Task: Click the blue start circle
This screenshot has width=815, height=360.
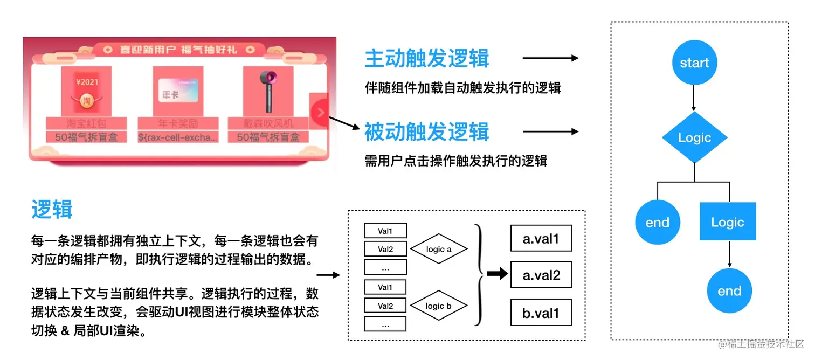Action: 694,63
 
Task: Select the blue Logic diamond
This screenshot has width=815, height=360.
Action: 694,138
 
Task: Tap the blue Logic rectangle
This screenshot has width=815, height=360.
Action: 728,221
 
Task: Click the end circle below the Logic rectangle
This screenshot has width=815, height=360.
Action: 729,291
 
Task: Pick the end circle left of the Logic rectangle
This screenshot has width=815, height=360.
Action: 657,222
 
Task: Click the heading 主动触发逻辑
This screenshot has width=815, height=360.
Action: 426,58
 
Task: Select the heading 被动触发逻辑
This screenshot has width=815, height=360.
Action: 426,131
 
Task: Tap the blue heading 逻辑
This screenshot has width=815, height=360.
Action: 52,209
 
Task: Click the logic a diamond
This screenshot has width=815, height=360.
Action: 439,249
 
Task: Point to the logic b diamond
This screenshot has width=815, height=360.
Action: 439,306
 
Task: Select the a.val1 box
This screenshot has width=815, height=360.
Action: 541,238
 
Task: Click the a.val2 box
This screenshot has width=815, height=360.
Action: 541,275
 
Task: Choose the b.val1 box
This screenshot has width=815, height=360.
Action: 541,313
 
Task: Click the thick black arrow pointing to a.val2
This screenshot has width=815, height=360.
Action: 497,274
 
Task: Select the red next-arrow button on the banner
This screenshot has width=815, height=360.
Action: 320,113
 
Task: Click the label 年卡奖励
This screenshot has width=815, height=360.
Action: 178,123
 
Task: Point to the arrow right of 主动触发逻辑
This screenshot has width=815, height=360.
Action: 550,58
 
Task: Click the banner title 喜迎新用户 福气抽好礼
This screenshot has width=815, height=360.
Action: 178,50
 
